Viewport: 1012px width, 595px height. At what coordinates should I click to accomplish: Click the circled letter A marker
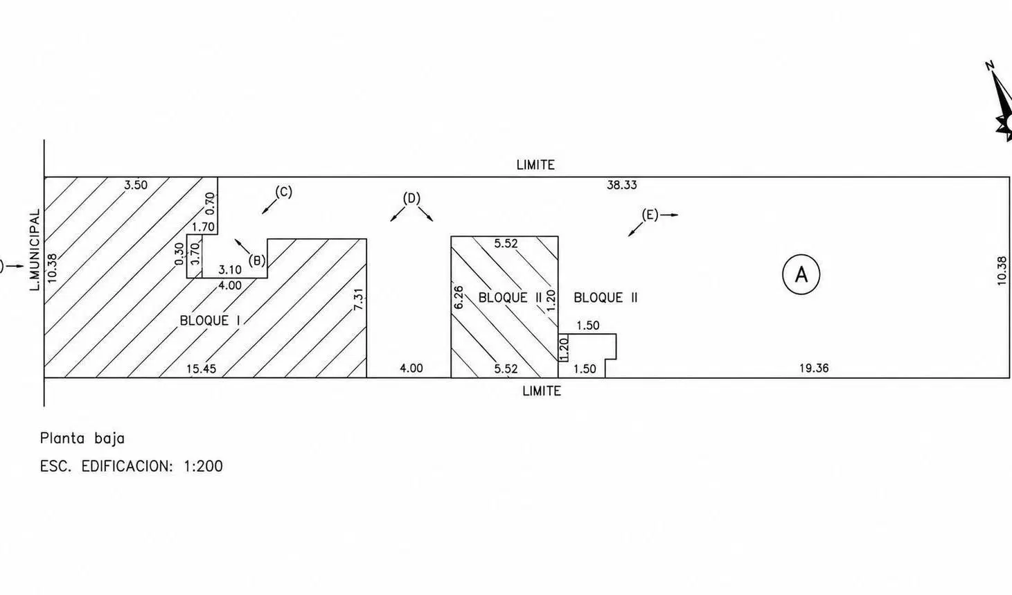click(x=801, y=274)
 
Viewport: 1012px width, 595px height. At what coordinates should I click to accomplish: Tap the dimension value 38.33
click(x=621, y=185)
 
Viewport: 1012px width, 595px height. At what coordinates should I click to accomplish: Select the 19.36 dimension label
click(x=814, y=368)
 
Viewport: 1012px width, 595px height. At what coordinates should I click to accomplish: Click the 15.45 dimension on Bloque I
click(x=201, y=369)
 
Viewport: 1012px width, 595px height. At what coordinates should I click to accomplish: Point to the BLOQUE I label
click(x=210, y=321)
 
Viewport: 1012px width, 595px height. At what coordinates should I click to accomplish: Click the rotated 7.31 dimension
click(x=358, y=299)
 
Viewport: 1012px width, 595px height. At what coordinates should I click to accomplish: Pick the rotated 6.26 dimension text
click(x=458, y=297)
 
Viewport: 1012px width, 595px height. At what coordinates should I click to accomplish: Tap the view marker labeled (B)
click(x=257, y=260)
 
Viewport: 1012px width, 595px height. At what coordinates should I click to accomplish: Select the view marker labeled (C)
click(x=284, y=192)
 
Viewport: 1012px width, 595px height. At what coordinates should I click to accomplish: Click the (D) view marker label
click(x=411, y=198)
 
